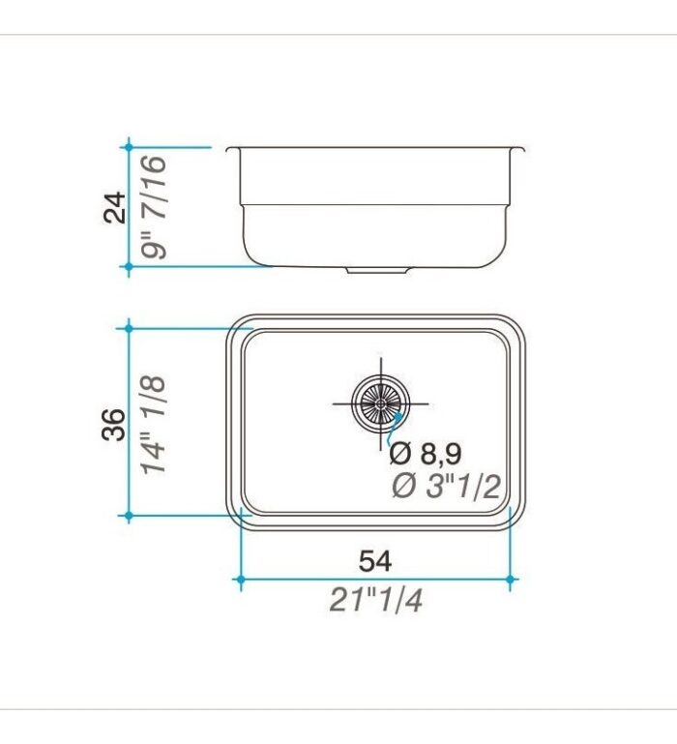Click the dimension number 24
click(116, 207)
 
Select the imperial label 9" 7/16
click(152, 207)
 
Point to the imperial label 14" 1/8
click(155, 424)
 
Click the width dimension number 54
click(375, 560)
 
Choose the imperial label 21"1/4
click(375, 601)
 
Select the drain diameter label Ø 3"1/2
click(446, 487)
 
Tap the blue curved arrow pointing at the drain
click(395, 423)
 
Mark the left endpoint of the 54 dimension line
click(240, 580)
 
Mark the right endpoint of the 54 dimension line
click(511, 580)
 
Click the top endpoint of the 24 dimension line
click(128, 147)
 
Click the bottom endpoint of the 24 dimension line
click(128, 266)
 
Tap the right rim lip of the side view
click(520, 150)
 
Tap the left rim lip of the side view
click(231, 150)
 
